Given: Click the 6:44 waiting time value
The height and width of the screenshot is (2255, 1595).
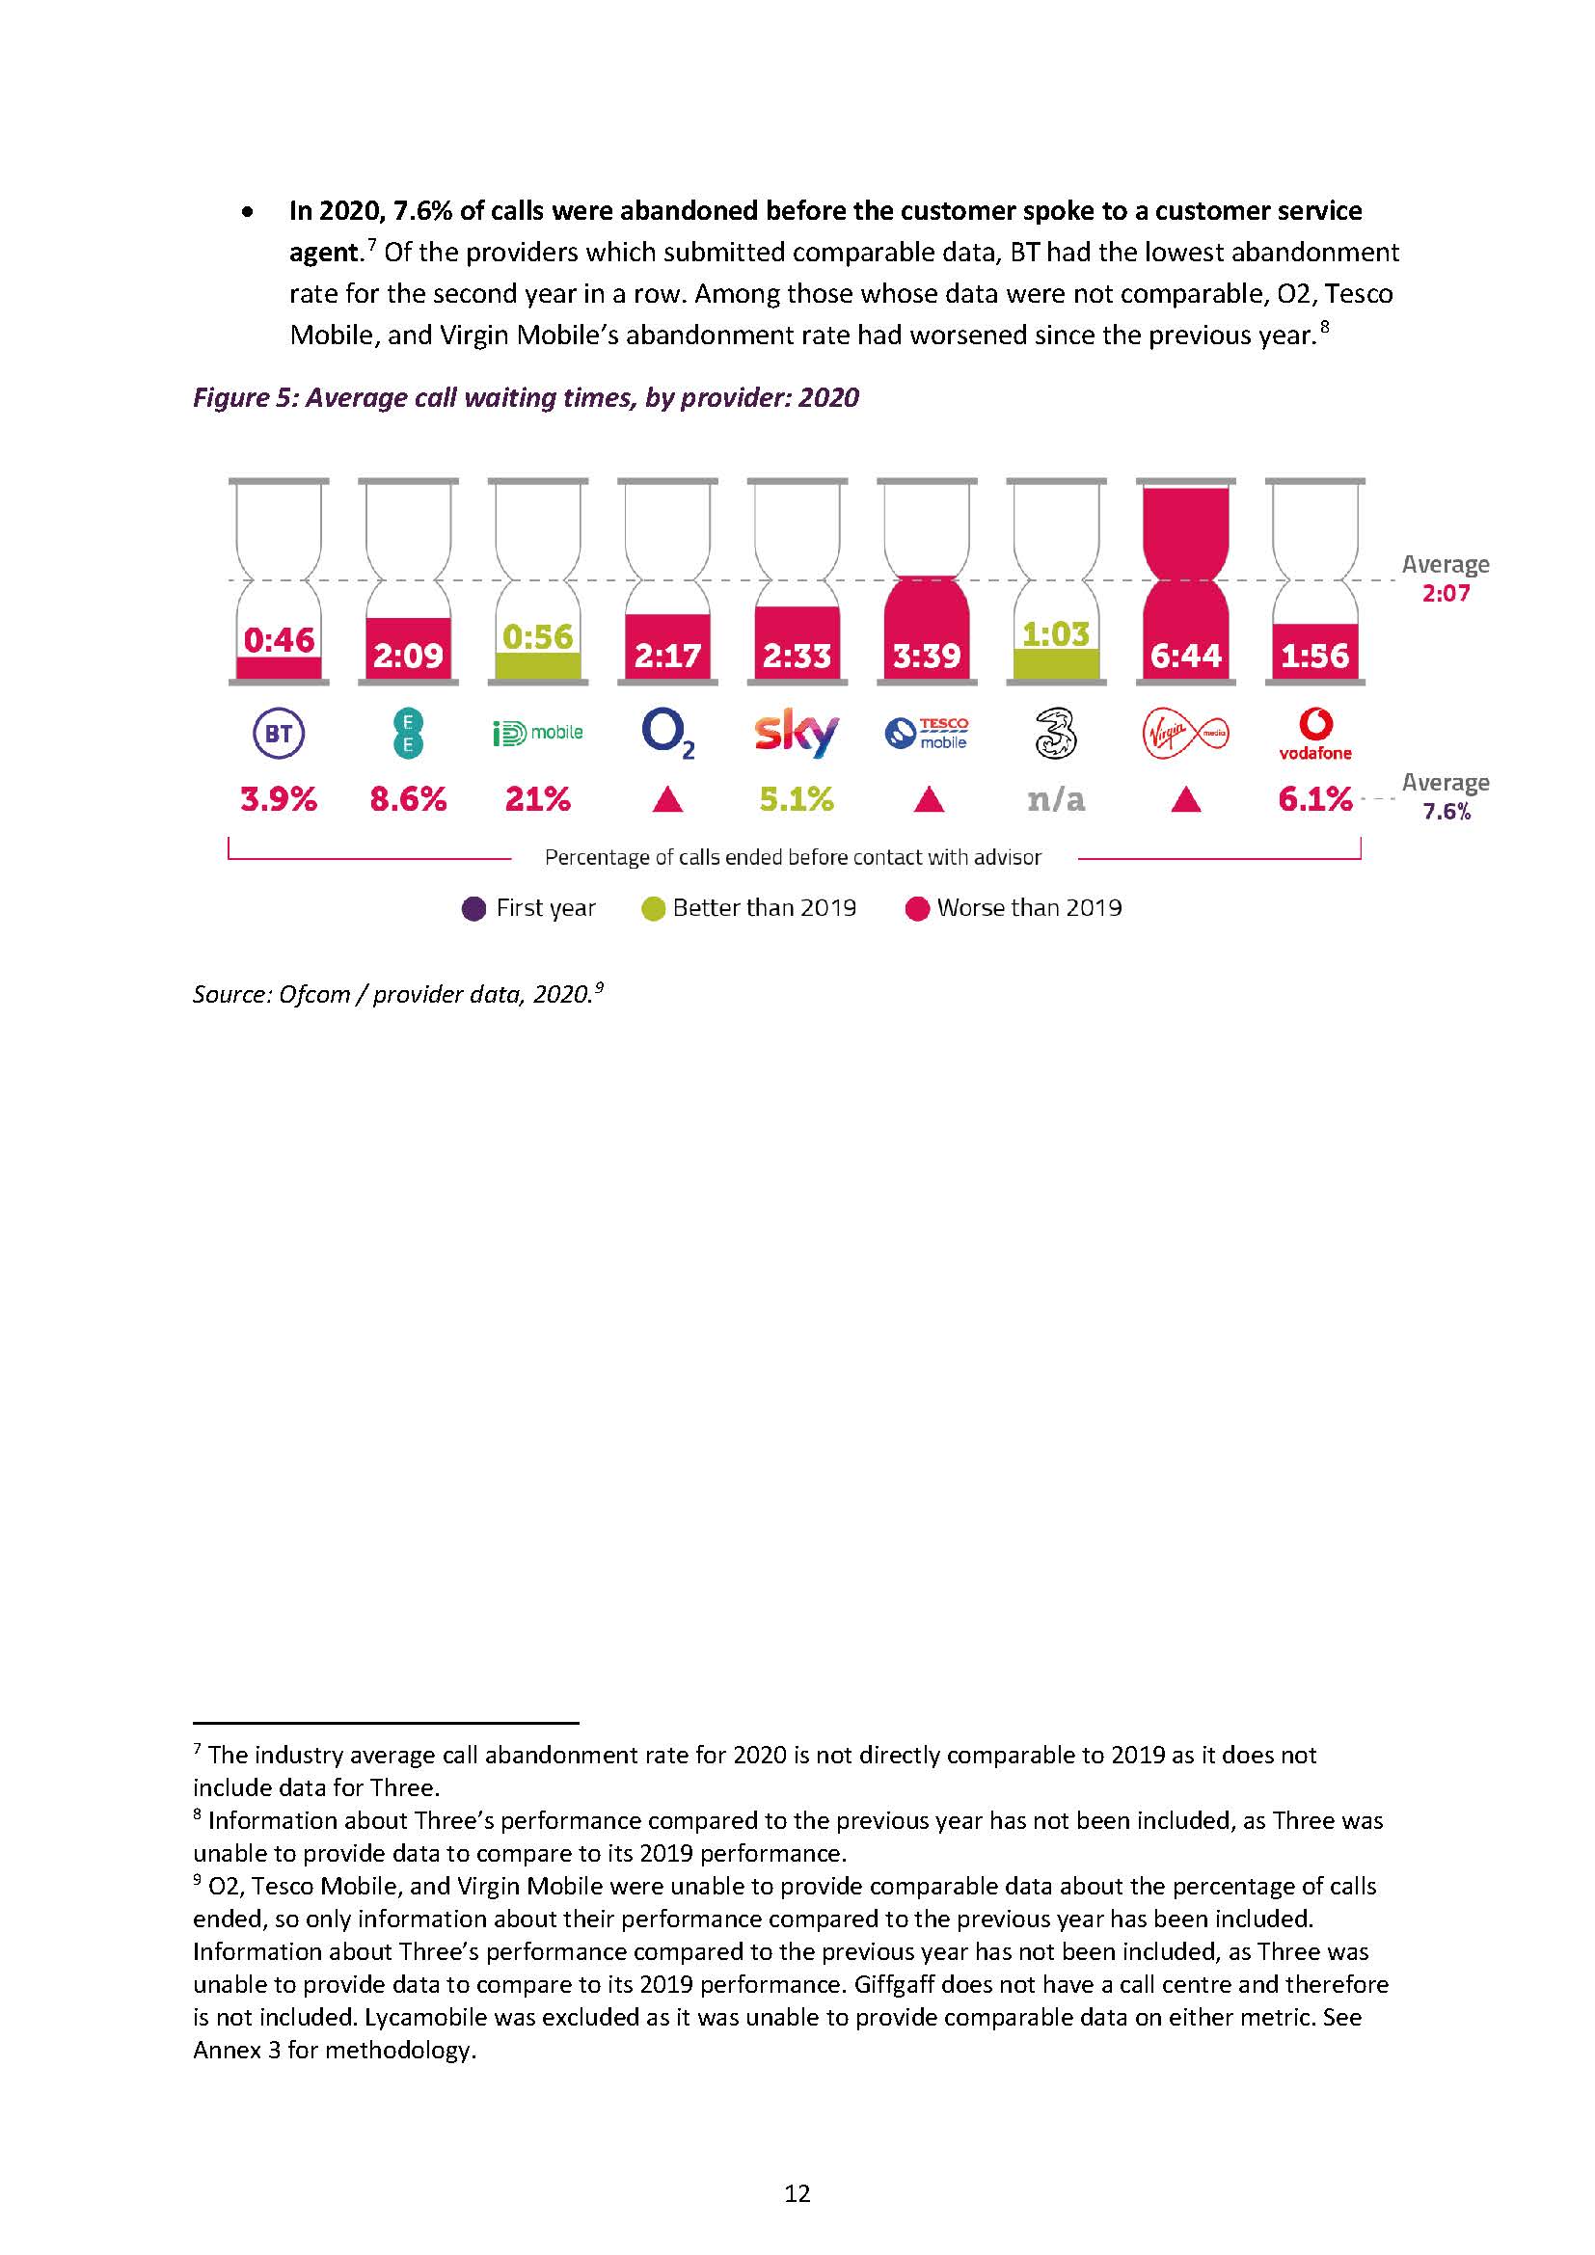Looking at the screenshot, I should (x=1185, y=655).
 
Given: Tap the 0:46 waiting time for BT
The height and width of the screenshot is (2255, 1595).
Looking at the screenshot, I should (x=279, y=640).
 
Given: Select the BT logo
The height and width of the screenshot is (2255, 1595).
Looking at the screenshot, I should (x=279, y=734).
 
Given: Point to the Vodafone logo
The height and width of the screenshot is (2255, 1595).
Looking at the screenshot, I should (x=1315, y=734).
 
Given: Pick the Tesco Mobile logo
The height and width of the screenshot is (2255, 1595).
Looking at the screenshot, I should (x=926, y=733).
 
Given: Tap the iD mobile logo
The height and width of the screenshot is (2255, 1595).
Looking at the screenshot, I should (x=537, y=733).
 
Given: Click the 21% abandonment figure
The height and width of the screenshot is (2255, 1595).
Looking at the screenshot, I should (x=537, y=799).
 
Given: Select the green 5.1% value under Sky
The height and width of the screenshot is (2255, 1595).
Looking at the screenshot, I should (x=797, y=799).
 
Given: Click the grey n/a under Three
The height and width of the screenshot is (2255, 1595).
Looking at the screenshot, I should (x=1056, y=799).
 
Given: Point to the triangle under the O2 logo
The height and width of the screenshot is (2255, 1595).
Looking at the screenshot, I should (x=668, y=800).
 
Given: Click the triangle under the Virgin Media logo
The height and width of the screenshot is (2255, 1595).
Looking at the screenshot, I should (x=1186, y=800).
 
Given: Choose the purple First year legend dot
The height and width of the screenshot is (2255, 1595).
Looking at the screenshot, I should (x=473, y=908).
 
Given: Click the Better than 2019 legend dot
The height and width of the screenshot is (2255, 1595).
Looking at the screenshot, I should (x=653, y=908).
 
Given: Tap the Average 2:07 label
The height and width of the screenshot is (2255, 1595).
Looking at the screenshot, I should (x=1445, y=578).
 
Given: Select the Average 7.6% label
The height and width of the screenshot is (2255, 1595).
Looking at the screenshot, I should (x=1445, y=796).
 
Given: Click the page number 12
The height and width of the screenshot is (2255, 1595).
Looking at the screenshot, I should (x=797, y=2193).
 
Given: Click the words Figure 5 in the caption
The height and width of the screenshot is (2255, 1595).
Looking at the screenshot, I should (x=244, y=398).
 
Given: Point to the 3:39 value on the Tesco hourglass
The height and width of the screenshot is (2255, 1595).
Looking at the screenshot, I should (x=926, y=655).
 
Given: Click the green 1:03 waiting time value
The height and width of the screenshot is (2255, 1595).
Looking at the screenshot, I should (x=1056, y=634).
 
